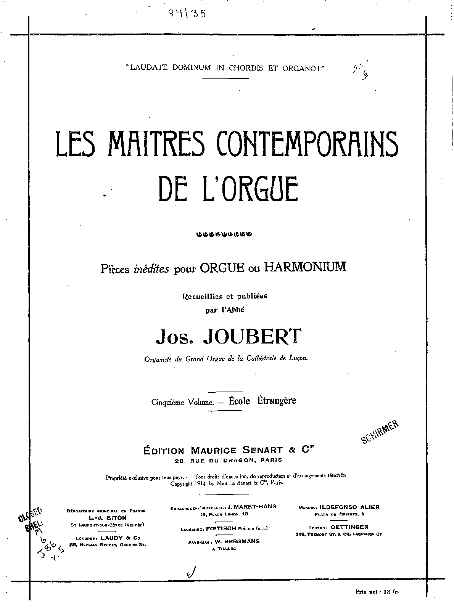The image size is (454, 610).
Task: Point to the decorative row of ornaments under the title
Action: click(224, 234)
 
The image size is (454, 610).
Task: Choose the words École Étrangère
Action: click(262, 401)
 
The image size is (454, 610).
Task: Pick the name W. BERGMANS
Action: click(237, 541)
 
